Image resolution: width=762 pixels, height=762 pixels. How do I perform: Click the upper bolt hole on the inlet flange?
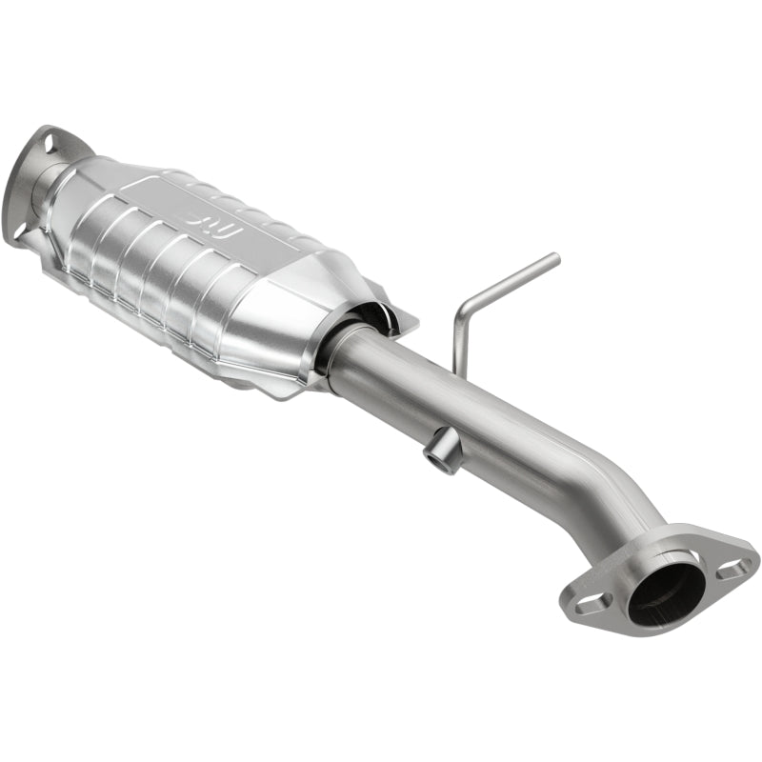(x=44, y=142)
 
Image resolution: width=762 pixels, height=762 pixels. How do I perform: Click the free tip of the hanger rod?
(x=556, y=256)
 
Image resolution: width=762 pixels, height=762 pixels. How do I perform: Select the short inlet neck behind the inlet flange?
(x=48, y=190)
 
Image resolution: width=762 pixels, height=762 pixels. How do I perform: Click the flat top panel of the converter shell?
(x=238, y=205)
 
